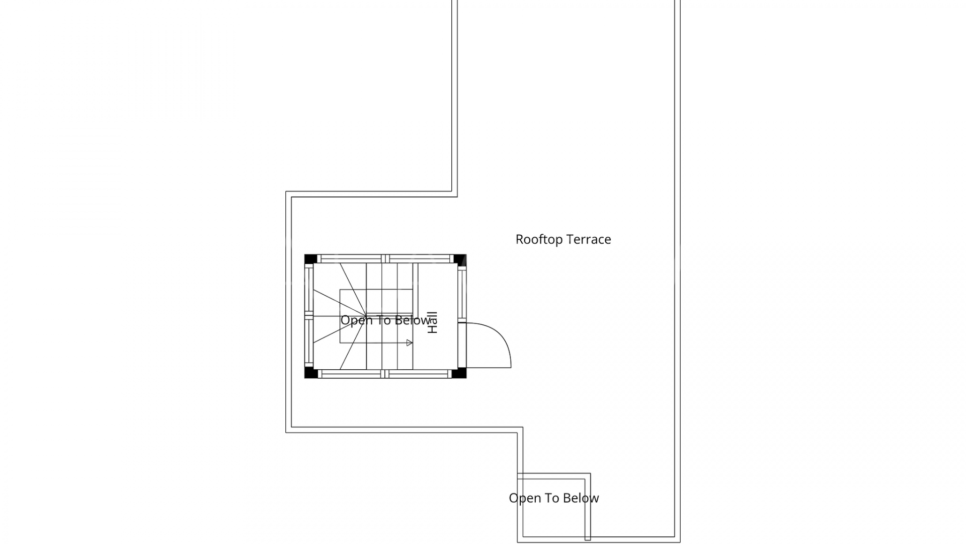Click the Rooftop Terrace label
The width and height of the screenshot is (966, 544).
[x=563, y=239]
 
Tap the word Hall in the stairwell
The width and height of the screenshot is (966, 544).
[x=433, y=322]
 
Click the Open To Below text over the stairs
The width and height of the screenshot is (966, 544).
[x=385, y=320]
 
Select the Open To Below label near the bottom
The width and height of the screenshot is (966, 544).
[x=553, y=498]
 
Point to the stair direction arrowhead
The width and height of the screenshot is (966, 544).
[x=409, y=343]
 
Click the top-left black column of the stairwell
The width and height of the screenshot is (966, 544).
[x=310, y=259]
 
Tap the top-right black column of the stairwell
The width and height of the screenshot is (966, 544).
[x=460, y=259]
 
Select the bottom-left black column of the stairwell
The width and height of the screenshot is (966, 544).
[x=310, y=373]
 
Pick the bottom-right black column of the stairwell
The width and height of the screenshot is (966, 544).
[x=459, y=373]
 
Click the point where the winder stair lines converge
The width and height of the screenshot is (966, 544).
[x=366, y=316]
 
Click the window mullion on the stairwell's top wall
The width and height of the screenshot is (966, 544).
[x=385, y=259]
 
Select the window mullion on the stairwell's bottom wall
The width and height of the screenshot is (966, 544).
[x=385, y=374]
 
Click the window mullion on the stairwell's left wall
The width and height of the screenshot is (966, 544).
[x=309, y=316]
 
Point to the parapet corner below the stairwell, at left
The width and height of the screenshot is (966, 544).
[x=289, y=430]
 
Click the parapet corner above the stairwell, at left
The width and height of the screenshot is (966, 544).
[x=289, y=194]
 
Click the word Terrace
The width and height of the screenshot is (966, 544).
[x=588, y=239]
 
